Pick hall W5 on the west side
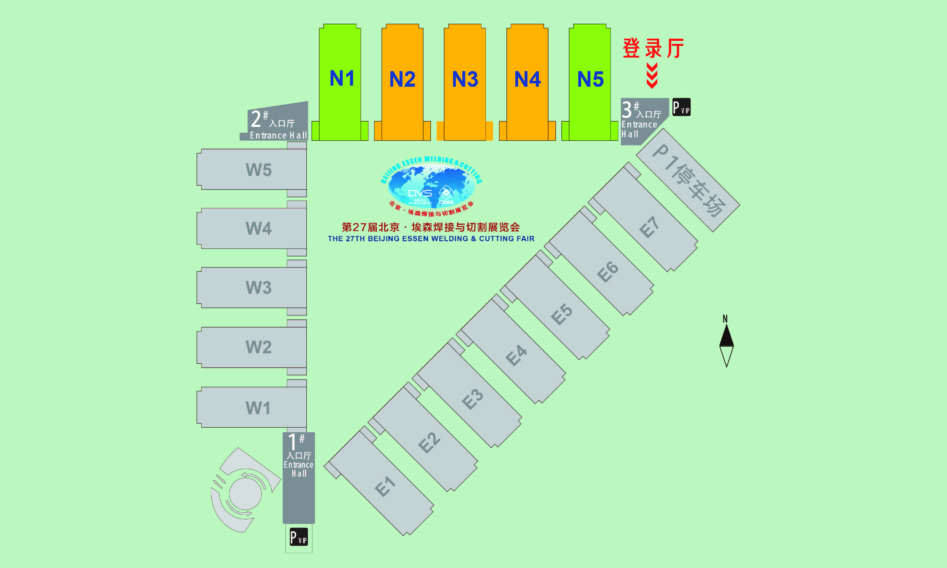click(x=258, y=170)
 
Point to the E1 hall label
click(x=385, y=486)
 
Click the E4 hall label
click(x=516, y=355)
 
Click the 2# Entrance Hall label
click(x=278, y=124)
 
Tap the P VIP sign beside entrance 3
click(x=681, y=107)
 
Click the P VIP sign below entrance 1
click(x=299, y=537)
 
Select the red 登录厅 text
click(x=653, y=49)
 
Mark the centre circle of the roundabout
click(x=245, y=494)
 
